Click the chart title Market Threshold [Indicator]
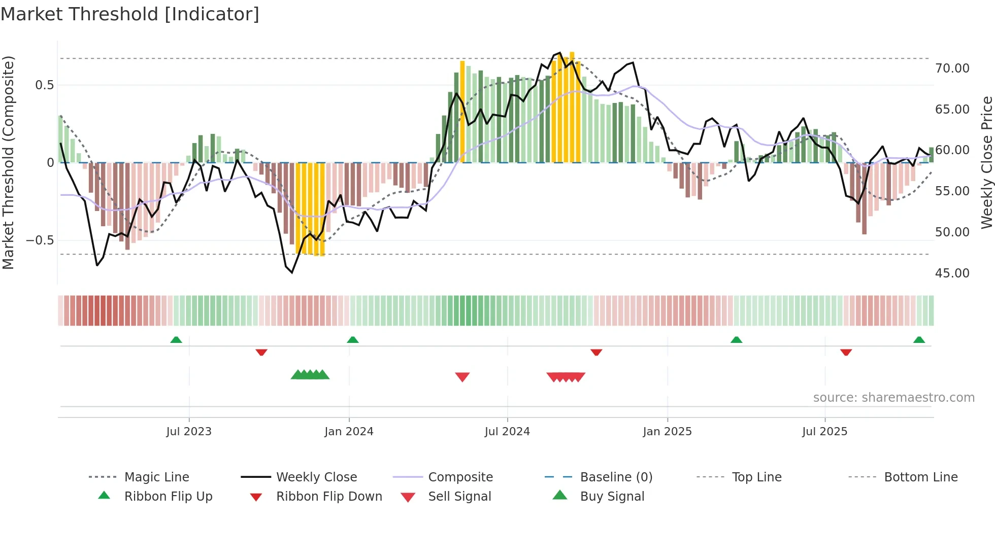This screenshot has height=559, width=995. [130, 14]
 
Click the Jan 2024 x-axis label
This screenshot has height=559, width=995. [349, 431]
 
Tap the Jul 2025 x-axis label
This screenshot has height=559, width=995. [824, 431]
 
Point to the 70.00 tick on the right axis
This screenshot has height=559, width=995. [952, 68]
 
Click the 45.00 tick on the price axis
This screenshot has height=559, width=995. [952, 273]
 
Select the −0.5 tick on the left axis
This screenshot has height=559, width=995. [40, 240]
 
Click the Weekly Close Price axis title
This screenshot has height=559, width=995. [986, 162]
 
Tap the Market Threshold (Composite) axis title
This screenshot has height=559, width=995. [8, 162]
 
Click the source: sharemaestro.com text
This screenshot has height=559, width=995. [893, 397]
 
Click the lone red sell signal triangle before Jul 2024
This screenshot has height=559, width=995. [462, 376]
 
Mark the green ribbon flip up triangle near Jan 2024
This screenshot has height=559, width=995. [353, 340]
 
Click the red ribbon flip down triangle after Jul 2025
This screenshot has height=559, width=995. [846, 352]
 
